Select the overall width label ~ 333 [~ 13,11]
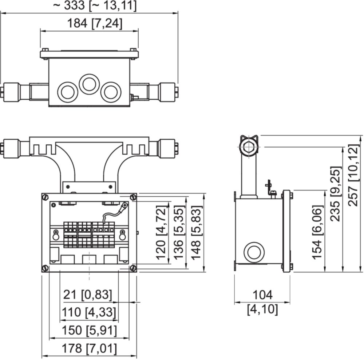pos(95,5)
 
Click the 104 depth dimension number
pos(262,295)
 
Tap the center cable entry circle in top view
pos(90,84)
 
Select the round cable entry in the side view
pos(254,253)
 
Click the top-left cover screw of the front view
pos(45,197)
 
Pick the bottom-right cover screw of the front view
pos(133,268)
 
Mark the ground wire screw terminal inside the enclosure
pos(125,205)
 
